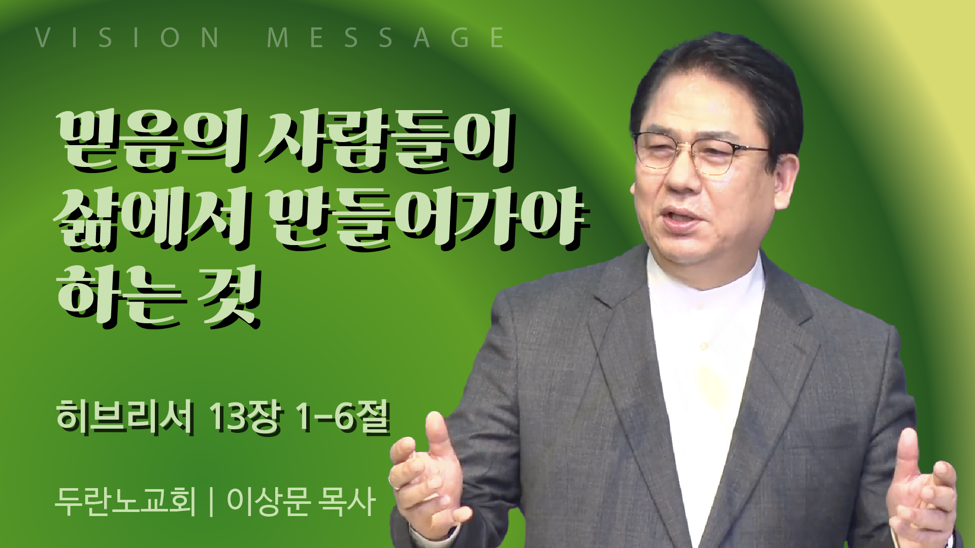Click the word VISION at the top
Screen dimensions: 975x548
[x=127, y=38]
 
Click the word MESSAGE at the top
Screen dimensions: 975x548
[x=386, y=38]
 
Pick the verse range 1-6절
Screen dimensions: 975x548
[x=343, y=417]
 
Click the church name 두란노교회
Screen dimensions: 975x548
[x=125, y=501]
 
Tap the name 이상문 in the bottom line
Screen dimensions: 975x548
[x=269, y=501]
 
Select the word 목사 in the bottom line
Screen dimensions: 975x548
[x=346, y=501]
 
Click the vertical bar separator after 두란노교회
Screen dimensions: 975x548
[x=211, y=501]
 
